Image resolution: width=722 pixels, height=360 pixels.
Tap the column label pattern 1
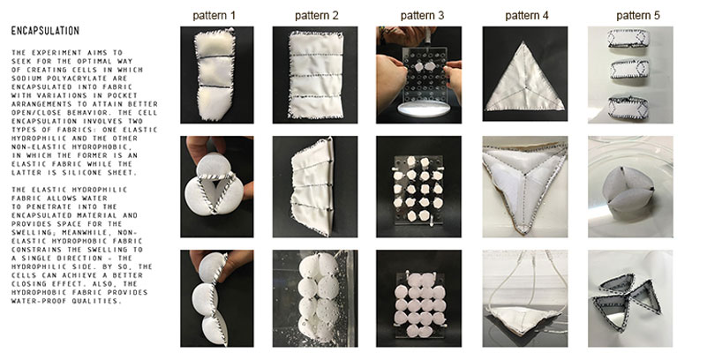coord(216,16)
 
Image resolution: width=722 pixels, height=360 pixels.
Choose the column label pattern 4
coord(528,16)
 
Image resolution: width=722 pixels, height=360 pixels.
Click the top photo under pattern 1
coord(216,74)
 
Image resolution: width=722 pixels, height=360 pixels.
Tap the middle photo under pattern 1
coord(216,186)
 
